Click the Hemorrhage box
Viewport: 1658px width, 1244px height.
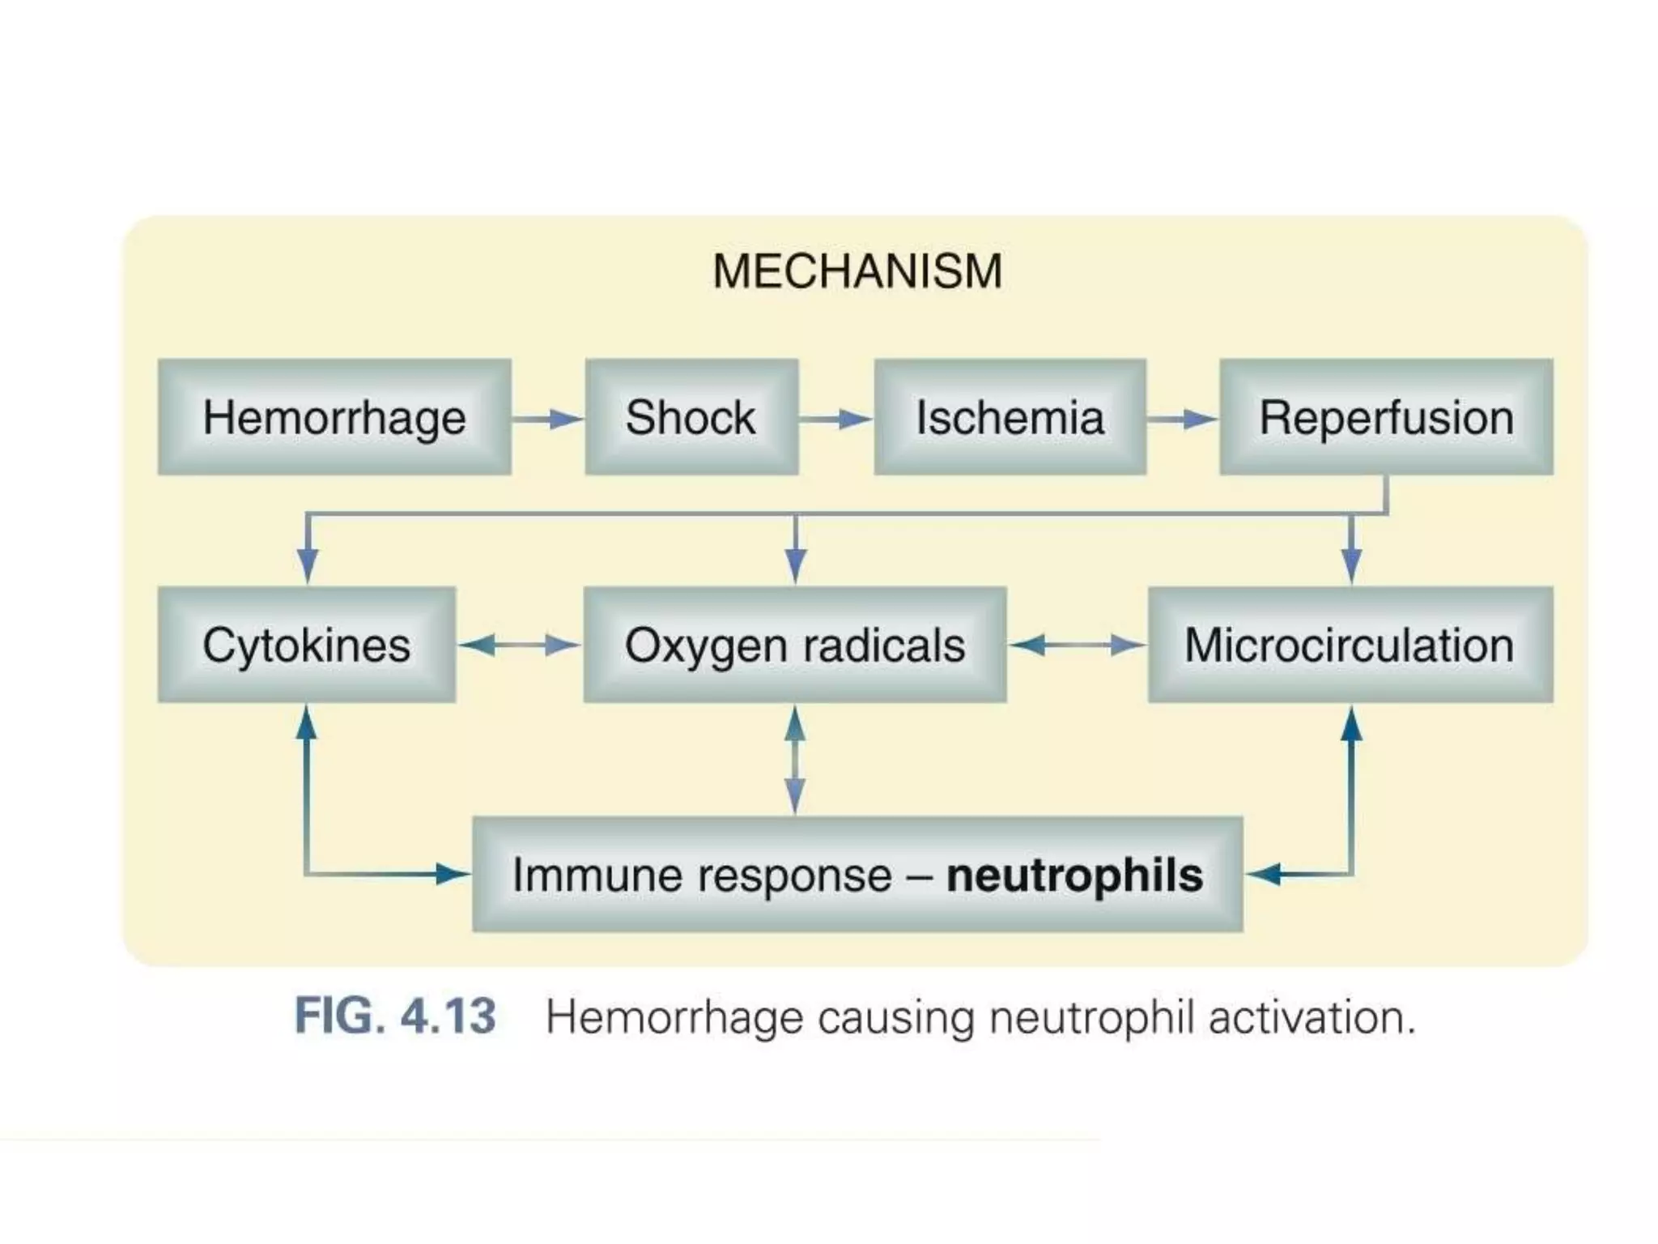(x=334, y=417)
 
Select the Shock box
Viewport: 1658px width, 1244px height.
(x=691, y=417)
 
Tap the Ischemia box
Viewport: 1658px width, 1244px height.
(x=1010, y=417)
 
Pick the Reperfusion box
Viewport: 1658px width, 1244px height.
(x=1386, y=417)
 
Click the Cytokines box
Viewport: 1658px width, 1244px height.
(x=306, y=645)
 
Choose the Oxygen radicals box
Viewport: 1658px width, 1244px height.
(x=794, y=645)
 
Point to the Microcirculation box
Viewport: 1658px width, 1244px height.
(x=1350, y=645)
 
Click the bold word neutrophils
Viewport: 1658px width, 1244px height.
(x=1074, y=875)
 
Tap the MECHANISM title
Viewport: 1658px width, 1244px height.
(x=857, y=271)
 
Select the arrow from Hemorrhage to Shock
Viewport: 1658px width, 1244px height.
(x=548, y=419)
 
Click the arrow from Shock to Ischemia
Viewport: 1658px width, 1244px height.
(x=835, y=419)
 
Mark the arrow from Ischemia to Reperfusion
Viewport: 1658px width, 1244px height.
(x=1182, y=419)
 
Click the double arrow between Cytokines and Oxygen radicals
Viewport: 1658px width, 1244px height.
(x=519, y=645)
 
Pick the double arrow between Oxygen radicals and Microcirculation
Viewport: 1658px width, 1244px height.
(x=1077, y=645)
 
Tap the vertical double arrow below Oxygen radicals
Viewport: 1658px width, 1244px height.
(x=795, y=760)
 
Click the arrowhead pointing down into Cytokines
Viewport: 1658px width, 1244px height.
(x=307, y=564)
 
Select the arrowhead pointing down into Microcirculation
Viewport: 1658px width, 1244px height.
(x=1350, y=564)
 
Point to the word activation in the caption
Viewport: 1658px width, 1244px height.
(x=1312, y=1017)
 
